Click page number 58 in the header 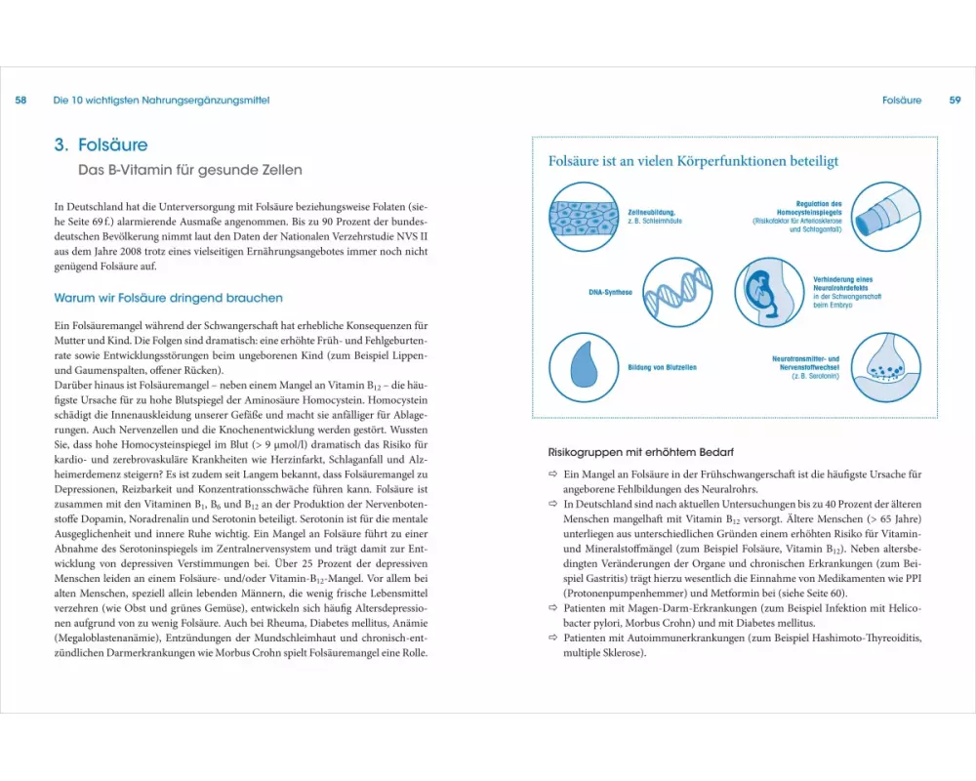pyautogui.click(x=20, y=100)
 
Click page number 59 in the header pyautogui.click(x=955, y=100)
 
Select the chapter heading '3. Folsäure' pyautogui.click(x=101, y=144)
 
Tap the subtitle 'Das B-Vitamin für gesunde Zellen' pyautogui.click(x=190, y=170)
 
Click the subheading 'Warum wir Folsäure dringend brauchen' pyautogui.click(x=169, y=298)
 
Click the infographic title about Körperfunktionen pyautogui.click(x=693, y=161)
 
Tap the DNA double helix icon pyautogui.click(x=682, y=292)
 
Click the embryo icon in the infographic pyautogui.click(x=770, y=291)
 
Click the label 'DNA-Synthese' pyautogui.click(x=610, y=292)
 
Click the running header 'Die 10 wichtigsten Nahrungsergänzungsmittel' pyautogui.click(x=161, y=100)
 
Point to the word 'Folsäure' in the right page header pyautogui.click(x=901, y=100)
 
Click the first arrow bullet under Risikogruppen pyautogui.click(x=551, y=473)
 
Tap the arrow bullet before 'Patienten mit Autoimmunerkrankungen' pyautogui.click(x=551, y=637)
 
